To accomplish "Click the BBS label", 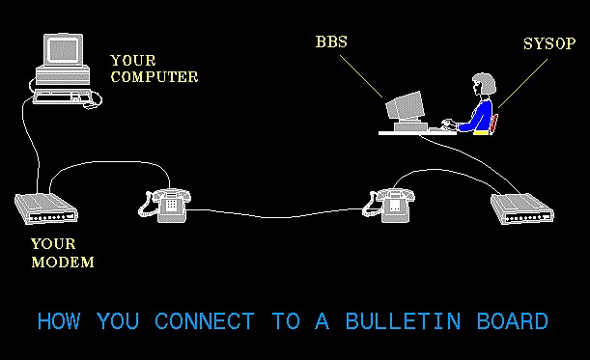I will click(331, 42).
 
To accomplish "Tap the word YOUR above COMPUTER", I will click(131, 60).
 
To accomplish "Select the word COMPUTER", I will click(155, 76).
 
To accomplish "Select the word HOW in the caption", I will click(59, 321).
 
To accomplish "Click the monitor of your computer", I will click(62, 58).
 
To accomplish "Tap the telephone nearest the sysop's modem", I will click(389, 203).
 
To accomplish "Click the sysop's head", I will click(483, 85).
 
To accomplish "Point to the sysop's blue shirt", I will click(477, 115).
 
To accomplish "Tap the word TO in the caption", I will click(287, 321).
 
